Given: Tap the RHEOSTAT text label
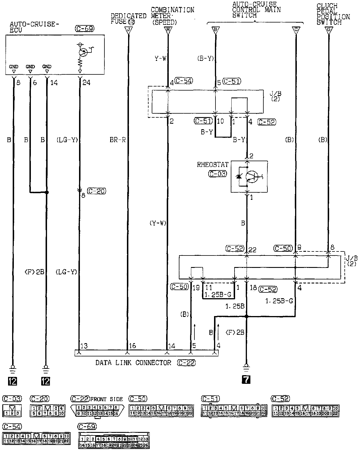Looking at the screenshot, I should (x=213, y=165).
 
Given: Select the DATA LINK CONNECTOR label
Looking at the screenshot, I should (x=133, y=362).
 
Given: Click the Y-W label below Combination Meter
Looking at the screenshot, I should (x=160, y=59).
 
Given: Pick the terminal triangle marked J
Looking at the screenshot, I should (x=128, y=30).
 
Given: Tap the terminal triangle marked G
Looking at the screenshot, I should (x=328, y=30).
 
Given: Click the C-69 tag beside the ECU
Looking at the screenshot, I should (x=84, y=28).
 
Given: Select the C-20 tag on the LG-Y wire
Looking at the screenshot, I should (x=96, y=191).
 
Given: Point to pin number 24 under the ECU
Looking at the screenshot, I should (x=86, y=83).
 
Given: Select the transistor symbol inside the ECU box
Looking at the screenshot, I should (x=83, y=52).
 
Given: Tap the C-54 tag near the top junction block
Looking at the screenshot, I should (x=183, y=81).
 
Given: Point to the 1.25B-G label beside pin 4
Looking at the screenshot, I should (x=279, y=301).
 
